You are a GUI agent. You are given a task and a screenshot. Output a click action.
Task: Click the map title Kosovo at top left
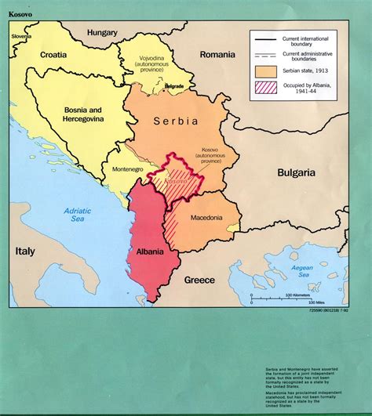click(22, 14)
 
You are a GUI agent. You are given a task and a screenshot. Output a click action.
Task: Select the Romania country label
click(217, 54)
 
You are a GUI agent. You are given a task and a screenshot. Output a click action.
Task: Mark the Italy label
click(25, 251)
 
